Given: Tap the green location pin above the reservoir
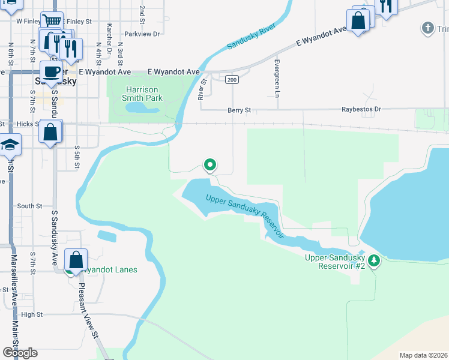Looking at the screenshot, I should click(x=210, y=164).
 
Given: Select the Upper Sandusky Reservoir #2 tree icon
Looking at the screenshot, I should click(x=374, y=260).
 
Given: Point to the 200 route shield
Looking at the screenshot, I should click(x=232, y=79).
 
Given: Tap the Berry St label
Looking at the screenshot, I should click(x=239, y=110).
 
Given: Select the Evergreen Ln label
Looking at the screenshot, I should click(x=277, y=79).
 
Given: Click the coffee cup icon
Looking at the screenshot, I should click(x=51, y=71).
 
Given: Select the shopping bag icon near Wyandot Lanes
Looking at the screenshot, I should click(x=76, y=260).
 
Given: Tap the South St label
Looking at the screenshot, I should click(x=29, y=206).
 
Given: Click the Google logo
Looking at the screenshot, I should click(x=20, y=353).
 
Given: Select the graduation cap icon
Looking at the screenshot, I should click(x=10, y=144).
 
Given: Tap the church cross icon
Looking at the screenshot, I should click(x=427, y=28).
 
